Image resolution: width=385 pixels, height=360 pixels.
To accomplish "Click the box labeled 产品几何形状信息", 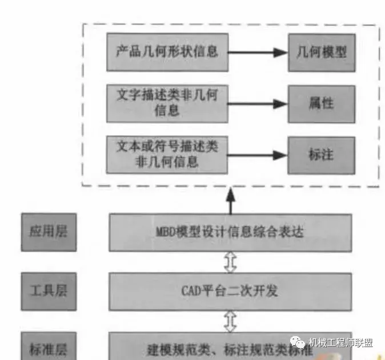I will click(167, 52).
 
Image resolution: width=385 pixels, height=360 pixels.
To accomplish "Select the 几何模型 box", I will click(322, 52).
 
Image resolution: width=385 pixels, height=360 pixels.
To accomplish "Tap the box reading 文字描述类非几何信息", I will click(167, 103).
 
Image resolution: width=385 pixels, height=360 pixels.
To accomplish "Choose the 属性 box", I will click(322, 104).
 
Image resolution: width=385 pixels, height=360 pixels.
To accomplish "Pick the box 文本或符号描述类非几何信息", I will click(167, 155).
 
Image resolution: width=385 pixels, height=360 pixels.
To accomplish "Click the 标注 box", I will click(322, 155).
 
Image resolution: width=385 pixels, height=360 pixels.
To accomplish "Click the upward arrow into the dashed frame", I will click(230, 200).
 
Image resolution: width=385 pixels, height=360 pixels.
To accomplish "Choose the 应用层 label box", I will click(49, 232).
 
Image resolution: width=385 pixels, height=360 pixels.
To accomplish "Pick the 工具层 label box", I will click(49, 291).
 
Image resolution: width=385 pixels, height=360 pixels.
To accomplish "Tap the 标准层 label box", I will click(49, 346).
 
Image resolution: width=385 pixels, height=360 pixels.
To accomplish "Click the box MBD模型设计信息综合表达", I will click(230, 232).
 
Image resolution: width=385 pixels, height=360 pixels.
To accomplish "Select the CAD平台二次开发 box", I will click(230, 291).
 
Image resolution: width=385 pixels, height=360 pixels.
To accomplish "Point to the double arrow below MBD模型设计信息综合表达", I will click(230, 262).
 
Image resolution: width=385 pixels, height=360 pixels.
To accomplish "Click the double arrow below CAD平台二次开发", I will click(230, 321).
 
